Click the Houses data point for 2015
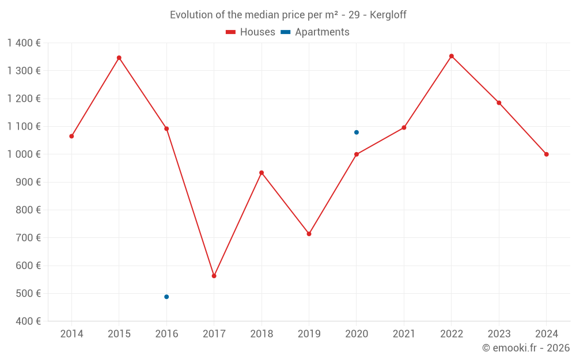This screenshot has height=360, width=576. click(119, 58)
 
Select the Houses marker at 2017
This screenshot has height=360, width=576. click(214, 276)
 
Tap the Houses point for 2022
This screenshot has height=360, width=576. click(452, 56)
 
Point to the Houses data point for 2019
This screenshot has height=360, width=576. click(309, 234)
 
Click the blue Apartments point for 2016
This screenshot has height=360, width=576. click(166, 297)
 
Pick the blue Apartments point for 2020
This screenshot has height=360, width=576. click(357, 132)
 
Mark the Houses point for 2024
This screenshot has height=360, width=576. click(547, 154)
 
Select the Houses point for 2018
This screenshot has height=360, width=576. click(262, 173)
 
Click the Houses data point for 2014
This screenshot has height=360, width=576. click(71, 136)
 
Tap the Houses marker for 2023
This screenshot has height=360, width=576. click(499, 103)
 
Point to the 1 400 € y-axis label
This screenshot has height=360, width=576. click(24, 43)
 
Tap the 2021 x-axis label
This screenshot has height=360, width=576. click(404, 334)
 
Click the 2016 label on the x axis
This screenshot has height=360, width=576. click(166, 334)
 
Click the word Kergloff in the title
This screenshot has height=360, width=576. click(388, 15)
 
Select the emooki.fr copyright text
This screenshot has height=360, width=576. click(525, 348)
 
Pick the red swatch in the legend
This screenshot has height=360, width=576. click(230, 32)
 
